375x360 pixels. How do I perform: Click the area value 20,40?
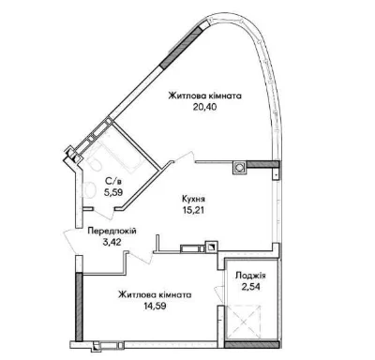click(x=204, y=107)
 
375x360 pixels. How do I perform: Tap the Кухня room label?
click(x=193, y=199)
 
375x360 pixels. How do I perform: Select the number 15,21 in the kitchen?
click(x=193, y=210)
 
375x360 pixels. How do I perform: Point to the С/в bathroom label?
click(x=112, y=181)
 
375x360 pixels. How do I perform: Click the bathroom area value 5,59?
click(x=113, y=192)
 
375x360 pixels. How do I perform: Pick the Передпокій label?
click(x=112, y=232)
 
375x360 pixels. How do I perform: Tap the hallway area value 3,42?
click(x=112, y=242)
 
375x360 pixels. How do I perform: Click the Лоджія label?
click(x=250, y=276)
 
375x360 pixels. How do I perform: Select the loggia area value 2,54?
click(x=250, y=287)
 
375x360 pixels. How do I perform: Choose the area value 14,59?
click(x=155, y=306)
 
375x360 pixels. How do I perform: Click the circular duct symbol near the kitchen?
click(x=239, y=168)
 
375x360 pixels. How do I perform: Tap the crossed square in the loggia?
click(x=243, y=322)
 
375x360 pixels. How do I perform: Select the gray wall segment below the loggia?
click(x=251, y=345)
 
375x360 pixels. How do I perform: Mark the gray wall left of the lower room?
click(x=79, y=307)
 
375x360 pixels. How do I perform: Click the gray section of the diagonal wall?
click(x=182, y=46)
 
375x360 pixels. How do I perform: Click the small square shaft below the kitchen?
click(x=211, y=247)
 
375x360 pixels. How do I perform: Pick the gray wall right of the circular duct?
click(x=262, y=164)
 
